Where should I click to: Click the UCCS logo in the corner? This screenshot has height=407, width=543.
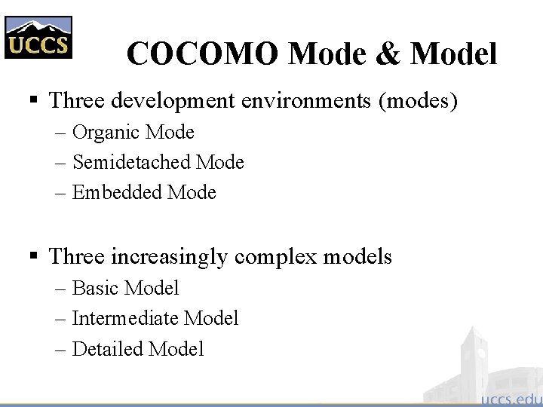pos(38,37)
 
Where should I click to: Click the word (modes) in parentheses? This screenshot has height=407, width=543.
pos(420,100)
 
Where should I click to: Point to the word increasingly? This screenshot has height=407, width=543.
pos(169,257)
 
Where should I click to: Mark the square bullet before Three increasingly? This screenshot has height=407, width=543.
pos(33,257)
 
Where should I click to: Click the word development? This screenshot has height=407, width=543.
pos(178,100)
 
